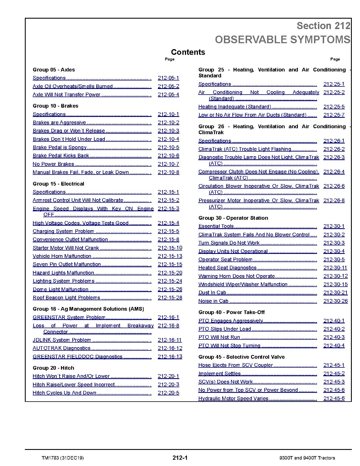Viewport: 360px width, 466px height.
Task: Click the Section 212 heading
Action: [x=323, y=26]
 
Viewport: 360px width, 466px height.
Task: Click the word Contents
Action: [x=188, y=52]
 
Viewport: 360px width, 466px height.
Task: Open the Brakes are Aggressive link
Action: [x=59, y=123]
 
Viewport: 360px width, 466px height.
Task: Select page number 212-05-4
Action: [x=168, y=95]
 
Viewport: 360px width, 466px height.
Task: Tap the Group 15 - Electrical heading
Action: [x=58, y=184]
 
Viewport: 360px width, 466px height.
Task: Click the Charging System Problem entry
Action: [x=63, y=231]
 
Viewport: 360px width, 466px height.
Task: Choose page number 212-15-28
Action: [x=170, y=298]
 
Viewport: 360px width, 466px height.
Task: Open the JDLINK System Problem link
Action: [x=62, y=340]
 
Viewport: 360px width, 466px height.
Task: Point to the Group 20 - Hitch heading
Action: [x=53, y=368]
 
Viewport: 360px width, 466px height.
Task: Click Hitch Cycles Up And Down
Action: [x=64, y=393]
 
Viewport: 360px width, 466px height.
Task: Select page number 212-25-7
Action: [x=334, y=115]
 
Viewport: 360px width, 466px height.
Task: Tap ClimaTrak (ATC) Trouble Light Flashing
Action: [x=245, y=149]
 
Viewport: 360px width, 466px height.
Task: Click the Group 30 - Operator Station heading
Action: [x=233, y=218]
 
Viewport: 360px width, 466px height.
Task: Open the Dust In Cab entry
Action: [x=212, y=293]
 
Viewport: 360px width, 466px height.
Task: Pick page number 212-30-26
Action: [x=335, y=301]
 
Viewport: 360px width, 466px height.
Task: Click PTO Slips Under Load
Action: [x=224, y=329]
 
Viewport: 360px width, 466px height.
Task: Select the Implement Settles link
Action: [x=219, y=374]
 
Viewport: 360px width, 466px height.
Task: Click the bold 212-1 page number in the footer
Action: [x=180, y=458]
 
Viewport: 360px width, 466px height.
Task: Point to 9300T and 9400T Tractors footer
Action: [x=307, y=458]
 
